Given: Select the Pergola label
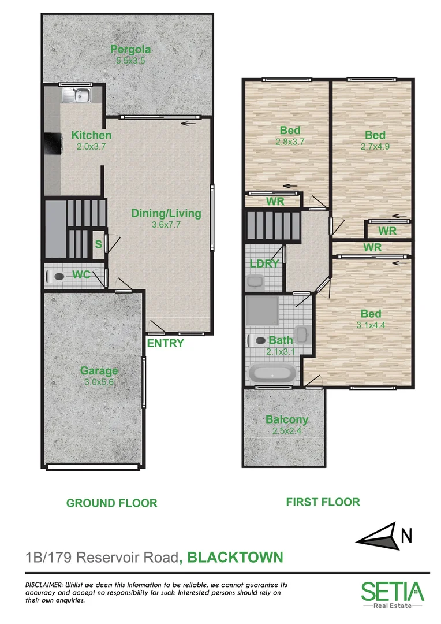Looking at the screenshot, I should coord(128,50).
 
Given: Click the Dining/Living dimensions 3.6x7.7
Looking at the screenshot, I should coord(166,225).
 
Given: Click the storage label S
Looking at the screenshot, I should coord(98,244).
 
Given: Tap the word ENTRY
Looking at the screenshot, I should coord(166,343).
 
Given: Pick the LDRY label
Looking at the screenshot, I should coord(264,263).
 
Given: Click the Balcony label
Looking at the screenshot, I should coord(286,420).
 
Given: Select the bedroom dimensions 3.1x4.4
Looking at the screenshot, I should coord(371,325).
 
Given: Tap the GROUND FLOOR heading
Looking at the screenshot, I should coord(111,503).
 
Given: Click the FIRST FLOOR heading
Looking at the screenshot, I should coord(323,502).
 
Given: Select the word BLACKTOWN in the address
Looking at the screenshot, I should coord(236,557).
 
